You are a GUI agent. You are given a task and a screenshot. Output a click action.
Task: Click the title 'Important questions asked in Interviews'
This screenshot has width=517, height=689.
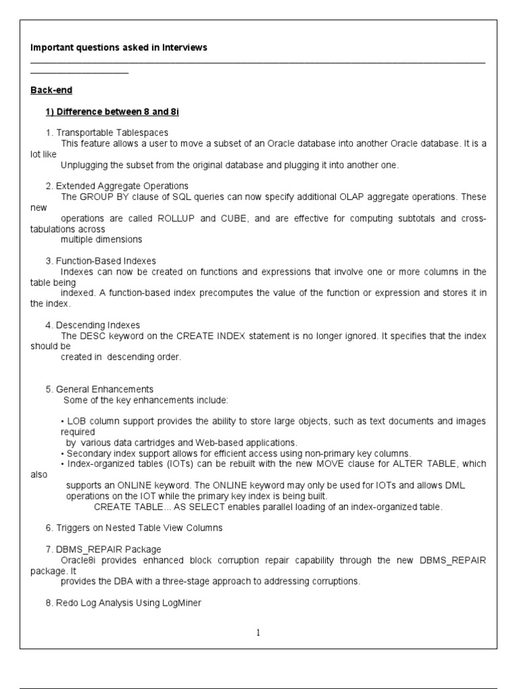[x=118, y=47]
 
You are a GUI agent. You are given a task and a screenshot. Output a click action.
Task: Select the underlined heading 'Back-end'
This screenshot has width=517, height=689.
[x=51, y=90]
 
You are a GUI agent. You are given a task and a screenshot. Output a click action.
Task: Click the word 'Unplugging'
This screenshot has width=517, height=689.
[x=84, y=165]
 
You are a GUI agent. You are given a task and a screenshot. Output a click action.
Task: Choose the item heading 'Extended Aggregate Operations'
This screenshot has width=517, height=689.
[x=122, y=186]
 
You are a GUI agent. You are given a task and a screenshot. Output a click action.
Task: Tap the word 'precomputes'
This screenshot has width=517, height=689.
[x=217, y=293]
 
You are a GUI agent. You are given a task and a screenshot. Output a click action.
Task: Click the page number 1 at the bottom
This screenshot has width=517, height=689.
[x=258, y=632]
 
